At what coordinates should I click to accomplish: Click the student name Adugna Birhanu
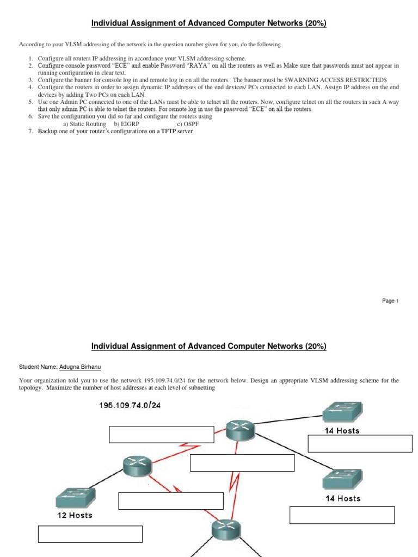pos(78,368)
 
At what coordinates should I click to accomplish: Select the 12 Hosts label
pos(75,515)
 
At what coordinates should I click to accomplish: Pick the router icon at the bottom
pos(225,531)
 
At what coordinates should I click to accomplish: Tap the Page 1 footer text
pos(390,301)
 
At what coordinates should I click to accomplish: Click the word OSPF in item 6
pos(192,124)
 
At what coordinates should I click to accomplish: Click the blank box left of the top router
pos(162,435)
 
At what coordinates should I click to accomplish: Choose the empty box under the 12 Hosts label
pos(90,534)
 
